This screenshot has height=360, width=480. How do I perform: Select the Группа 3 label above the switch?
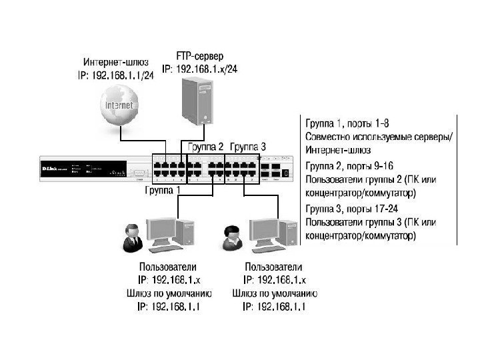point(247,147)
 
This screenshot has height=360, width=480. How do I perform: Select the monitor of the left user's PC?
point(161,226)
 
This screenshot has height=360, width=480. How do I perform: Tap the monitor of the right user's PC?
point(263,227)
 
